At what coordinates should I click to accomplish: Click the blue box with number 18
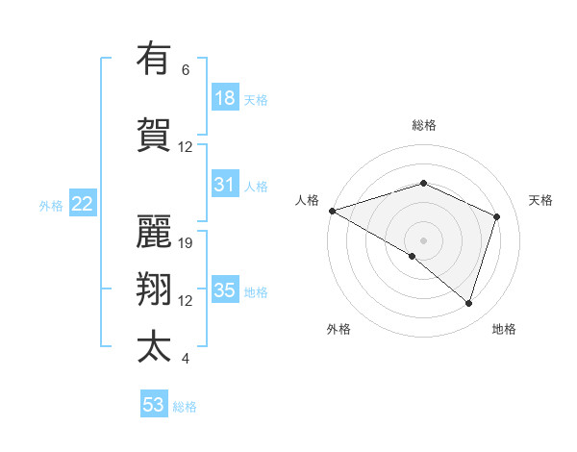225,98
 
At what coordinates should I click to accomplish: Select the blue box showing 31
225,185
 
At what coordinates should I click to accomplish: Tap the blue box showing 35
225,290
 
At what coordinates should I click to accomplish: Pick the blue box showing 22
83,204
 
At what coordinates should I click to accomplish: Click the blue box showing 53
154,405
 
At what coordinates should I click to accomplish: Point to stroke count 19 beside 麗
187,243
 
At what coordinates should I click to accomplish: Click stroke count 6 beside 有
186,70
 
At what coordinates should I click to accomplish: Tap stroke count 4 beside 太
186,359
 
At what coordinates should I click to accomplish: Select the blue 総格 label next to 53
185,407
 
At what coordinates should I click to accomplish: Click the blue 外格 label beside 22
51,205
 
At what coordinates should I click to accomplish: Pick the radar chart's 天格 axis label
540,200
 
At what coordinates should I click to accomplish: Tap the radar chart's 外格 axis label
339,329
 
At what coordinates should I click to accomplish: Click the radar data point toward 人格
332,211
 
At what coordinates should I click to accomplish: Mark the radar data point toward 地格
468,304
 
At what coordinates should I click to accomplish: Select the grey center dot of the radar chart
423,239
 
